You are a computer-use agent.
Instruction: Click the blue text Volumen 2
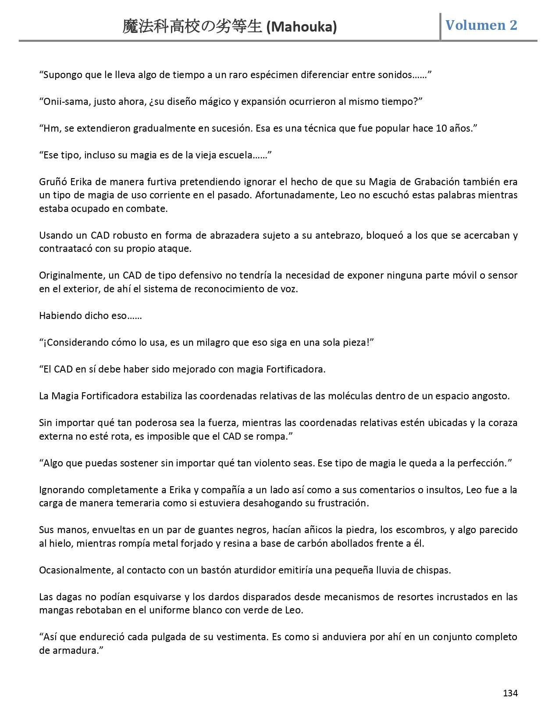[x=481, y=25]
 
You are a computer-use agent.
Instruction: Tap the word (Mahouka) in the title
[x=302, y=27]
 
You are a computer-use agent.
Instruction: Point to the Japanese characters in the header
[x=193, y=27]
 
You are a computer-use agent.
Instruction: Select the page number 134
[x=510, y=693]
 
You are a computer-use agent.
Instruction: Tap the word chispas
[x=434, y=570]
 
